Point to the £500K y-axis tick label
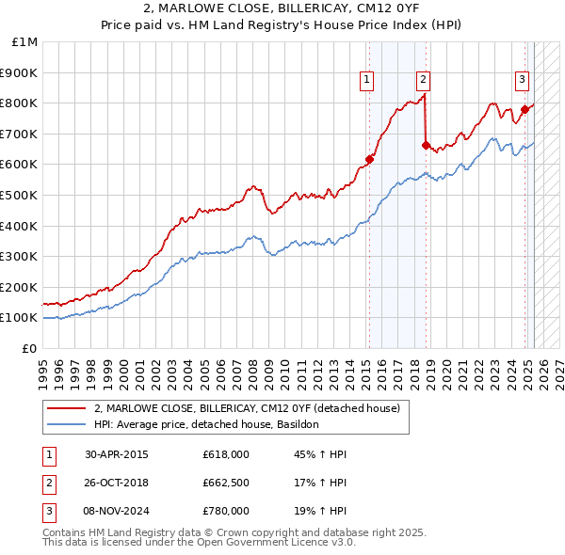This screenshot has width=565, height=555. [x=22, y=195]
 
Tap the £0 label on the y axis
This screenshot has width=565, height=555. [x=30, y=348]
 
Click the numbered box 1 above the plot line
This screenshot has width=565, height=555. [x=365, y=80]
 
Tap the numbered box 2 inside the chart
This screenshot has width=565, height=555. [x=424, y=80]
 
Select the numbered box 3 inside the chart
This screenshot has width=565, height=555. [x=522, y=80]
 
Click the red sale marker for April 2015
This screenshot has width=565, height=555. [x=369, y=159]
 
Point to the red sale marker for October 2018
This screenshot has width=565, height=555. [x=426, y=145]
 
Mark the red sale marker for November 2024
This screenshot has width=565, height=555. [x=525, y=109]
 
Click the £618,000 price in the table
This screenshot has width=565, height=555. [x=226, y=454]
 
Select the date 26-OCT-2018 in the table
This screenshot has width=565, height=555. [x=117, y=483]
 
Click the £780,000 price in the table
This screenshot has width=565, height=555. [x=226, y=512]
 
